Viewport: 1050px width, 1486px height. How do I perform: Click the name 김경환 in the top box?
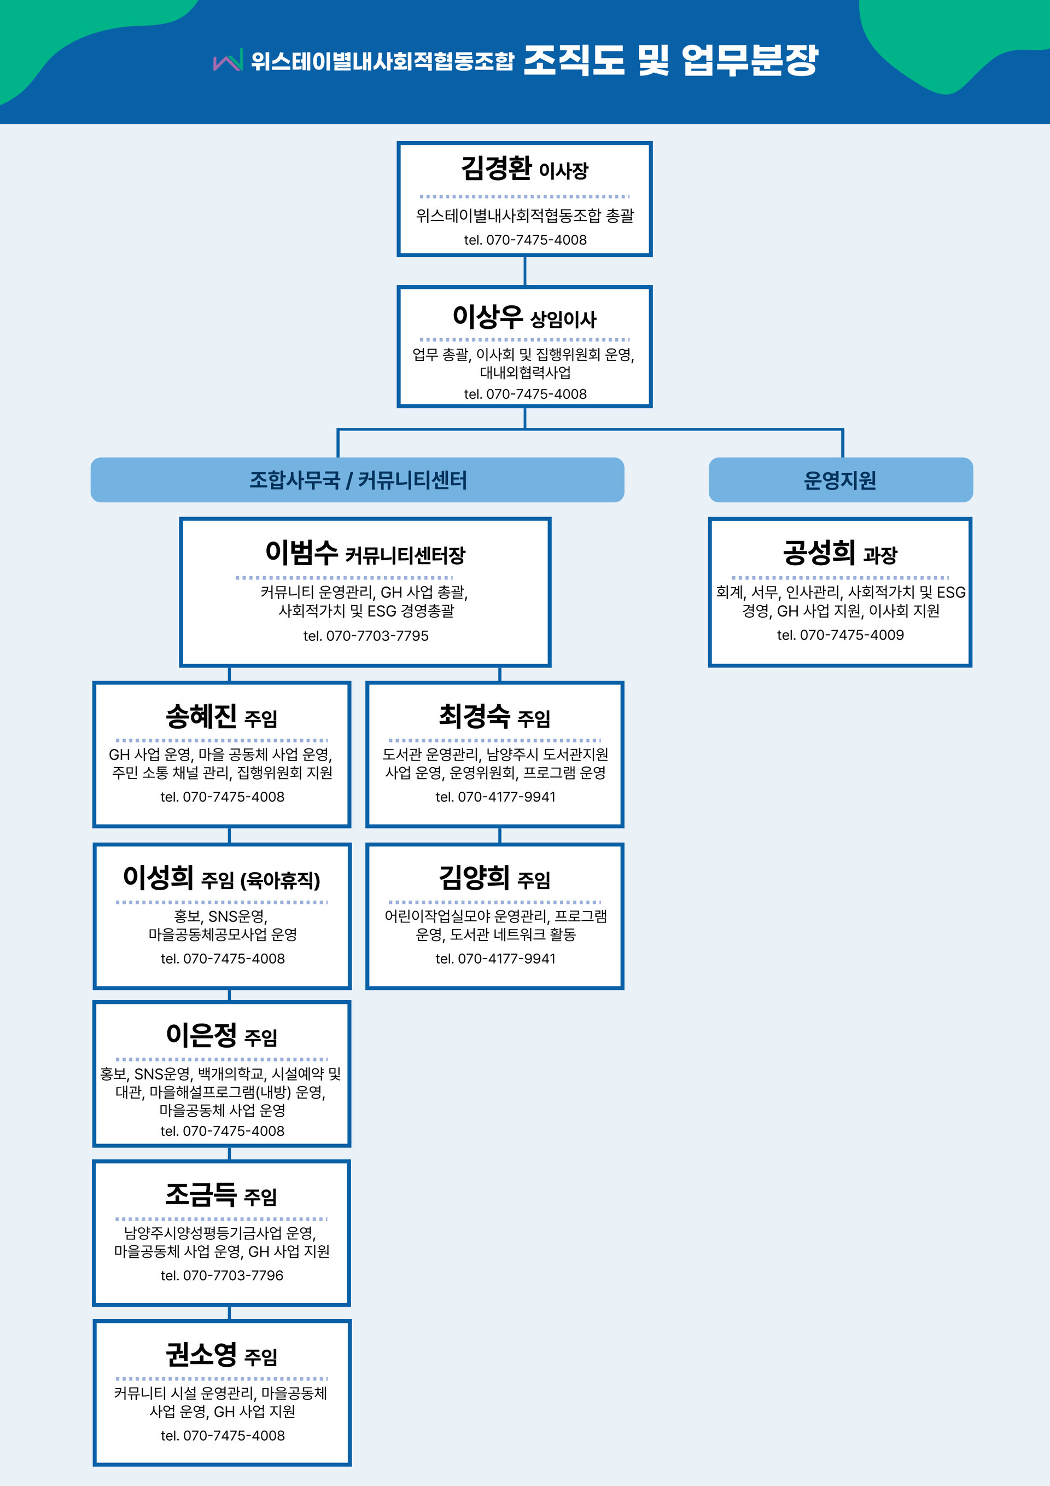tap(496, 169)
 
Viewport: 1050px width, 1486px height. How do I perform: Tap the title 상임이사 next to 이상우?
tap(563, 319)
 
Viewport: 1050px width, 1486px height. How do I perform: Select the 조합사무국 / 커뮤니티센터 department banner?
tap(357, 480)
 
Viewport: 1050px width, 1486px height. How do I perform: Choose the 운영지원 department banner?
tap(841, 480)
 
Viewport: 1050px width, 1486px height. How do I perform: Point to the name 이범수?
tap(301, 552)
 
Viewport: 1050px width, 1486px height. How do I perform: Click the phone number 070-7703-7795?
tap(377, 636)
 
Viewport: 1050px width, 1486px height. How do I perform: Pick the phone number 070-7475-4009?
tap(851, 635)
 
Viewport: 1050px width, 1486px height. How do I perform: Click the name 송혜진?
tap(201, 716)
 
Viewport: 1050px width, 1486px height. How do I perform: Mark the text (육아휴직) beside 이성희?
tap(280, 880)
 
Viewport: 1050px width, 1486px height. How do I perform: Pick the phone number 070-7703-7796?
tap(233, 1275)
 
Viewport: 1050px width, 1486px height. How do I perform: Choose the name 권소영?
tap(201, 1355)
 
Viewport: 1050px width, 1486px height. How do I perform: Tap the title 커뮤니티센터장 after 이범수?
tap(405, 555)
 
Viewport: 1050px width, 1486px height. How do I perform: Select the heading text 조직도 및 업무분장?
tap(671, 60)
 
